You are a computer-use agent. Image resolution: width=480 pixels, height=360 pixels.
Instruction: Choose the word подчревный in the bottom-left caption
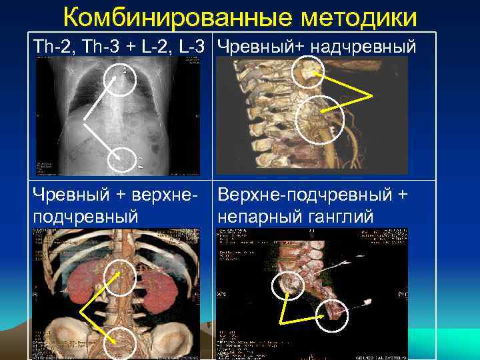pos(85,216)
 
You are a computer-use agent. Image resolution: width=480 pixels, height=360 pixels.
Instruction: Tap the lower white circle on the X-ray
pos(121,161)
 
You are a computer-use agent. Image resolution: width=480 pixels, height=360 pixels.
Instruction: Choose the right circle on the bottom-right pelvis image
pos(331,315)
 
